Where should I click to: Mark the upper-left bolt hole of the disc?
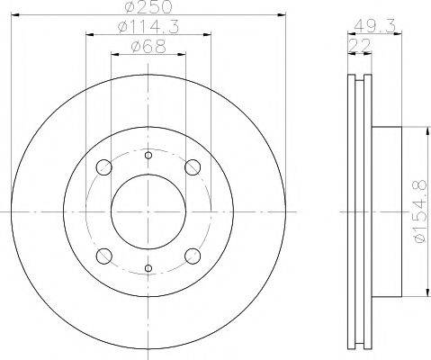(103, 167)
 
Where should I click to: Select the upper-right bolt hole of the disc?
(191, 167)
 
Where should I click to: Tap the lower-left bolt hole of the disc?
(103, 255)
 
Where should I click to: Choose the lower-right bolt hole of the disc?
(191, 255)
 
